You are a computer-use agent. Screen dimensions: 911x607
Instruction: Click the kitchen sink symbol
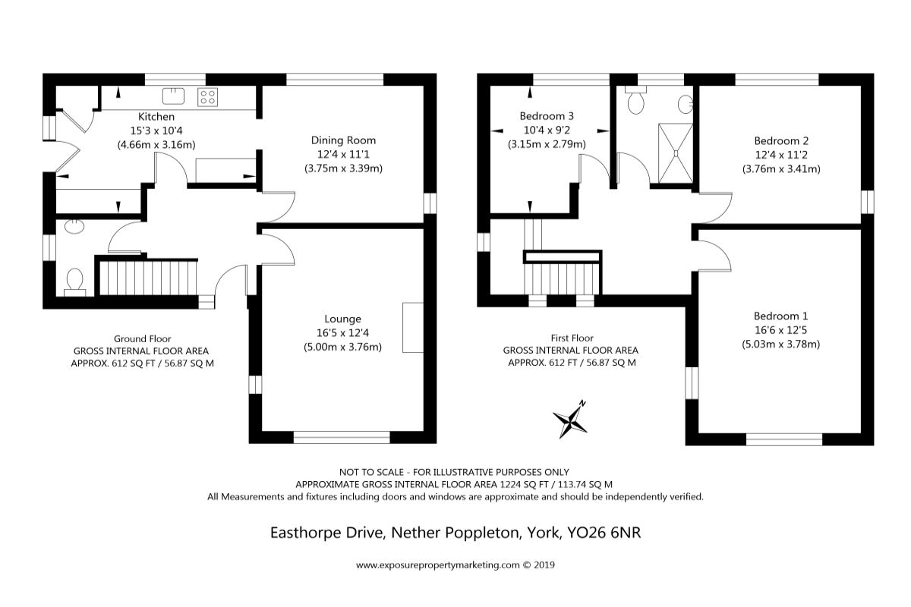(173, 96)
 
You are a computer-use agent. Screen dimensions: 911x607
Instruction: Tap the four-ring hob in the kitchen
(207, 97)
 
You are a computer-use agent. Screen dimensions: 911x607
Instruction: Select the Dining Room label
(343, 140)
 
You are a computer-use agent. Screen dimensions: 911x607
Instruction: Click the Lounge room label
(342, 319)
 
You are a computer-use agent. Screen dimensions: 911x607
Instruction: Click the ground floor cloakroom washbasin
(74, 226)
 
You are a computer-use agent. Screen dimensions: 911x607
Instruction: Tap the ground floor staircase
(148, 278)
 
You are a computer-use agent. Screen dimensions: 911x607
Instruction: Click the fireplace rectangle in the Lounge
(413, 327)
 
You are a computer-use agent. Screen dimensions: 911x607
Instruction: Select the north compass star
(570, 420)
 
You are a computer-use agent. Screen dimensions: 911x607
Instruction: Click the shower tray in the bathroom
(675, 153)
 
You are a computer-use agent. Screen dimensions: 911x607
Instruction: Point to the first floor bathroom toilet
(635, 99)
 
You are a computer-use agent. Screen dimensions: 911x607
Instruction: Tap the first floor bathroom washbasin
(686, 105)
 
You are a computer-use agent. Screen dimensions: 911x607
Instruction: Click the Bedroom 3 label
(547, 116)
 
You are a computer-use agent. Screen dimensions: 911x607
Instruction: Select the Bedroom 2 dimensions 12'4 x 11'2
(781, 155)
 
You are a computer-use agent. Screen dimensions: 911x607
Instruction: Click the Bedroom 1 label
(780, 316)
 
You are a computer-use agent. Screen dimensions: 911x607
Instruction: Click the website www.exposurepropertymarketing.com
(437, 565)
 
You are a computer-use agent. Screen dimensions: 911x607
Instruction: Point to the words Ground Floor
(143, 338)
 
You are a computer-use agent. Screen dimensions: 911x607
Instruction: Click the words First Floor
(572, 338)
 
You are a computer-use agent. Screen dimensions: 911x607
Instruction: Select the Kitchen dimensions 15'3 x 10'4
(156, 131)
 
